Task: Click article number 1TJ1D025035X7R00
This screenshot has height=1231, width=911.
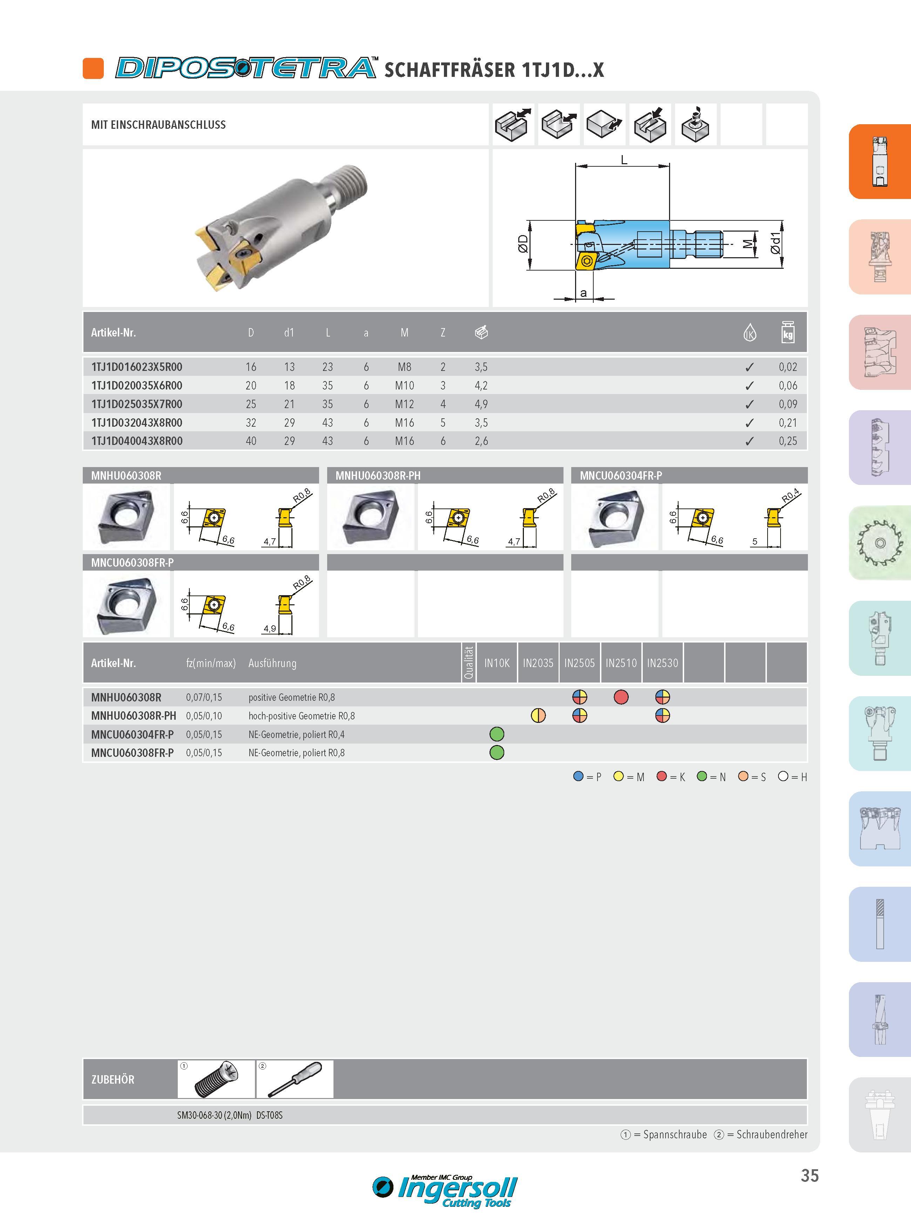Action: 137,404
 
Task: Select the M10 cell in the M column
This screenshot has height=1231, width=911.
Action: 404,386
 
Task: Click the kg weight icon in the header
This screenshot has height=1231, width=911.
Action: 788,332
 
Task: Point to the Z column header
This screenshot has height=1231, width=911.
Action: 443,333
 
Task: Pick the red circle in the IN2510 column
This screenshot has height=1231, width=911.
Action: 621,697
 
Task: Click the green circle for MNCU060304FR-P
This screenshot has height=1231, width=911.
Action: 497,734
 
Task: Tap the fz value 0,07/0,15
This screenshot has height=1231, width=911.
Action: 204,697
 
